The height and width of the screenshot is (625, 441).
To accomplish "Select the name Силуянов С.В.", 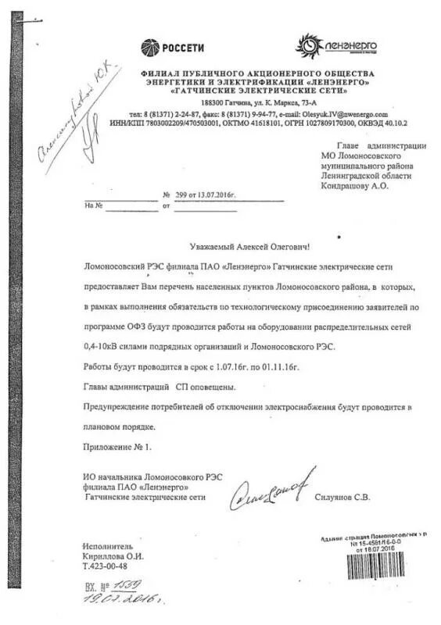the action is pyautogui.click(x=342, y=498).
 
